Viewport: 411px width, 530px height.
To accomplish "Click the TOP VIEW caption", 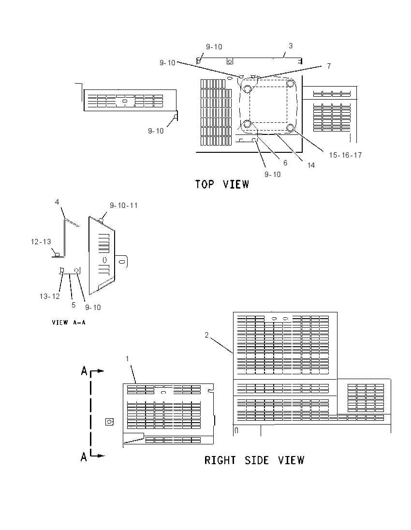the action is (222, 184).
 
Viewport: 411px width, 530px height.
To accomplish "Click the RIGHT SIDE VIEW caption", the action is (254, 460).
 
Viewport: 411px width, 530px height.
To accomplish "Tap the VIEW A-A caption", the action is (69, 323).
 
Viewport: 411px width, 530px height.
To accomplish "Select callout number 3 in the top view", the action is (291, 45).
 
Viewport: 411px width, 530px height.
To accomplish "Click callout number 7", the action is (328, 66).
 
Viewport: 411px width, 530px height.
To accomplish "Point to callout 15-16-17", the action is (345, 155).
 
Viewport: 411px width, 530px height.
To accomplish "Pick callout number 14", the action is (311, 165).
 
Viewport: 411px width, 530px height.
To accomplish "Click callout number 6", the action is (285, 163).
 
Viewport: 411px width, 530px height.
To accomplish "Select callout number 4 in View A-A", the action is (57, 202).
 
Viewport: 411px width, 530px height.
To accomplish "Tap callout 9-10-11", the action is (124, 206).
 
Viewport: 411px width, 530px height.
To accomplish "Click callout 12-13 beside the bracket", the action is (41, 242).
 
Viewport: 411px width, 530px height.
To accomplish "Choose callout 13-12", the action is (50, 296).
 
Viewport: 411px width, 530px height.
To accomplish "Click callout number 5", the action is (73, 305).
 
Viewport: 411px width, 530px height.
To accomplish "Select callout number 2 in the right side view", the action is (206, 335).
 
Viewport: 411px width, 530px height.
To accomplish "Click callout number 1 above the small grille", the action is (128, 359).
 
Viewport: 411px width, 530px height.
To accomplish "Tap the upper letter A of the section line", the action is (84, 371).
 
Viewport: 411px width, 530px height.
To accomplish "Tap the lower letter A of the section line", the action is (84, 457).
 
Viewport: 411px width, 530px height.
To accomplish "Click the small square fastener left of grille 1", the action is (109, 422).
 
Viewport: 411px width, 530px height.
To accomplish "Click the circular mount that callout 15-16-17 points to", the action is (290, 128).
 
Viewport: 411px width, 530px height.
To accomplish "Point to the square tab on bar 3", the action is (230, 61).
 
